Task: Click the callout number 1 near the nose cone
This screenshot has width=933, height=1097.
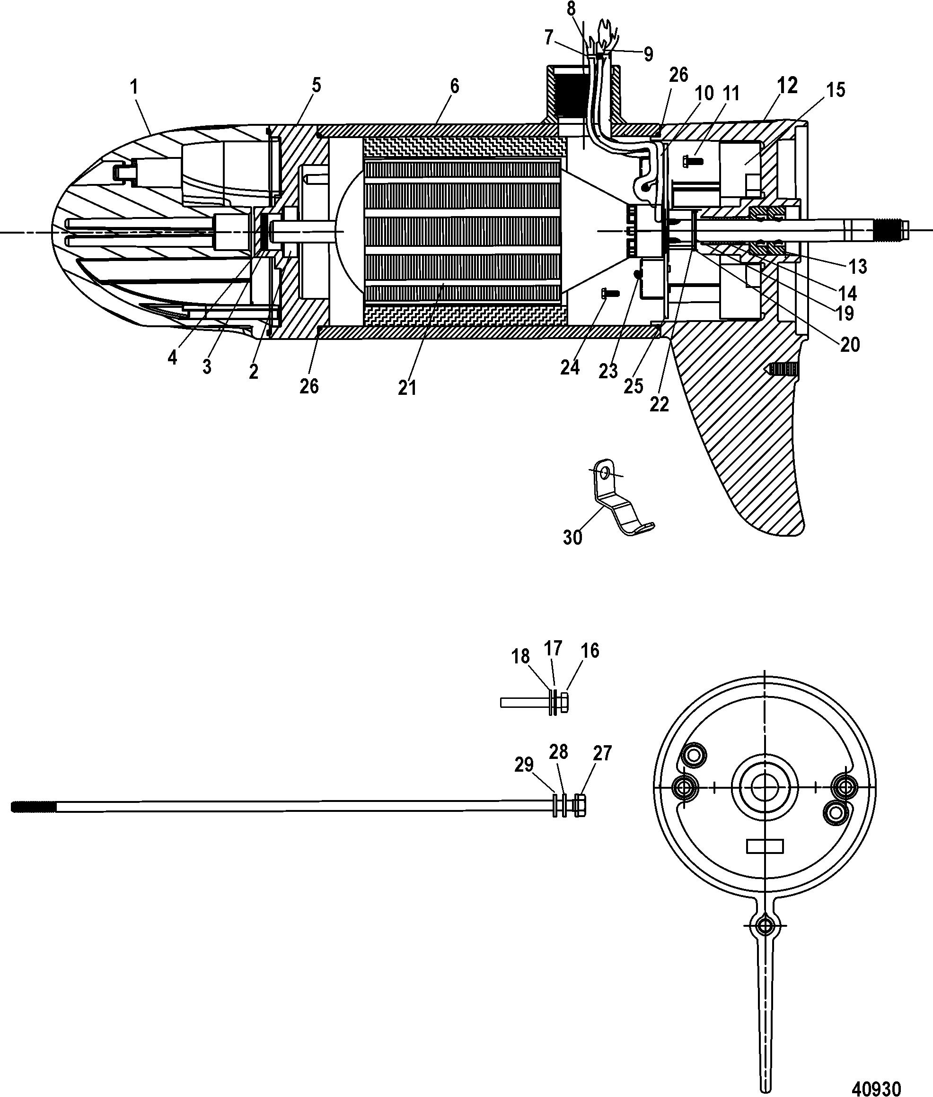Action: click(x=134, y=87)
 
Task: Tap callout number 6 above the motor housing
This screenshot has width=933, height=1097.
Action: click(x=454, y=86)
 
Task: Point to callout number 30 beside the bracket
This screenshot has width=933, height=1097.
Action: click(x=572, y=538)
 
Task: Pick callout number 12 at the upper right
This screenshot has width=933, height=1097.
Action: click(x=788, y=85)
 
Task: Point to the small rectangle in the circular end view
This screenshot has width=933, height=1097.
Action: click(x=766, y=847)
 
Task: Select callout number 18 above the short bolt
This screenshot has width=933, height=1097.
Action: click(x=520, y=657)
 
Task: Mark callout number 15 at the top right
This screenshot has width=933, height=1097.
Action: click(x=836, y=90)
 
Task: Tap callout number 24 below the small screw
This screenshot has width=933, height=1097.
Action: click(x=570, y=367)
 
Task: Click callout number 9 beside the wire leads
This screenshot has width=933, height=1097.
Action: click(x=648, y=54)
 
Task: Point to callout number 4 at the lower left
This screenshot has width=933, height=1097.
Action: click(x=172, y=357)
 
